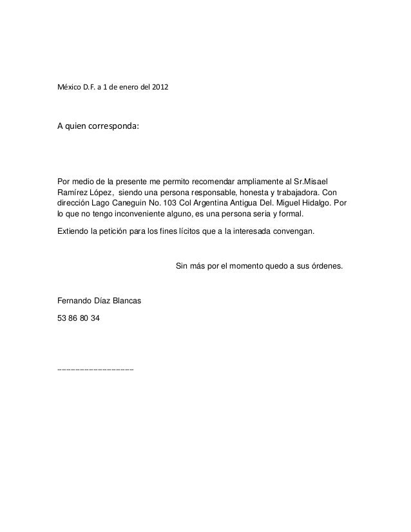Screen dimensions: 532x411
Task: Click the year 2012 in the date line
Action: [162, 86]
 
